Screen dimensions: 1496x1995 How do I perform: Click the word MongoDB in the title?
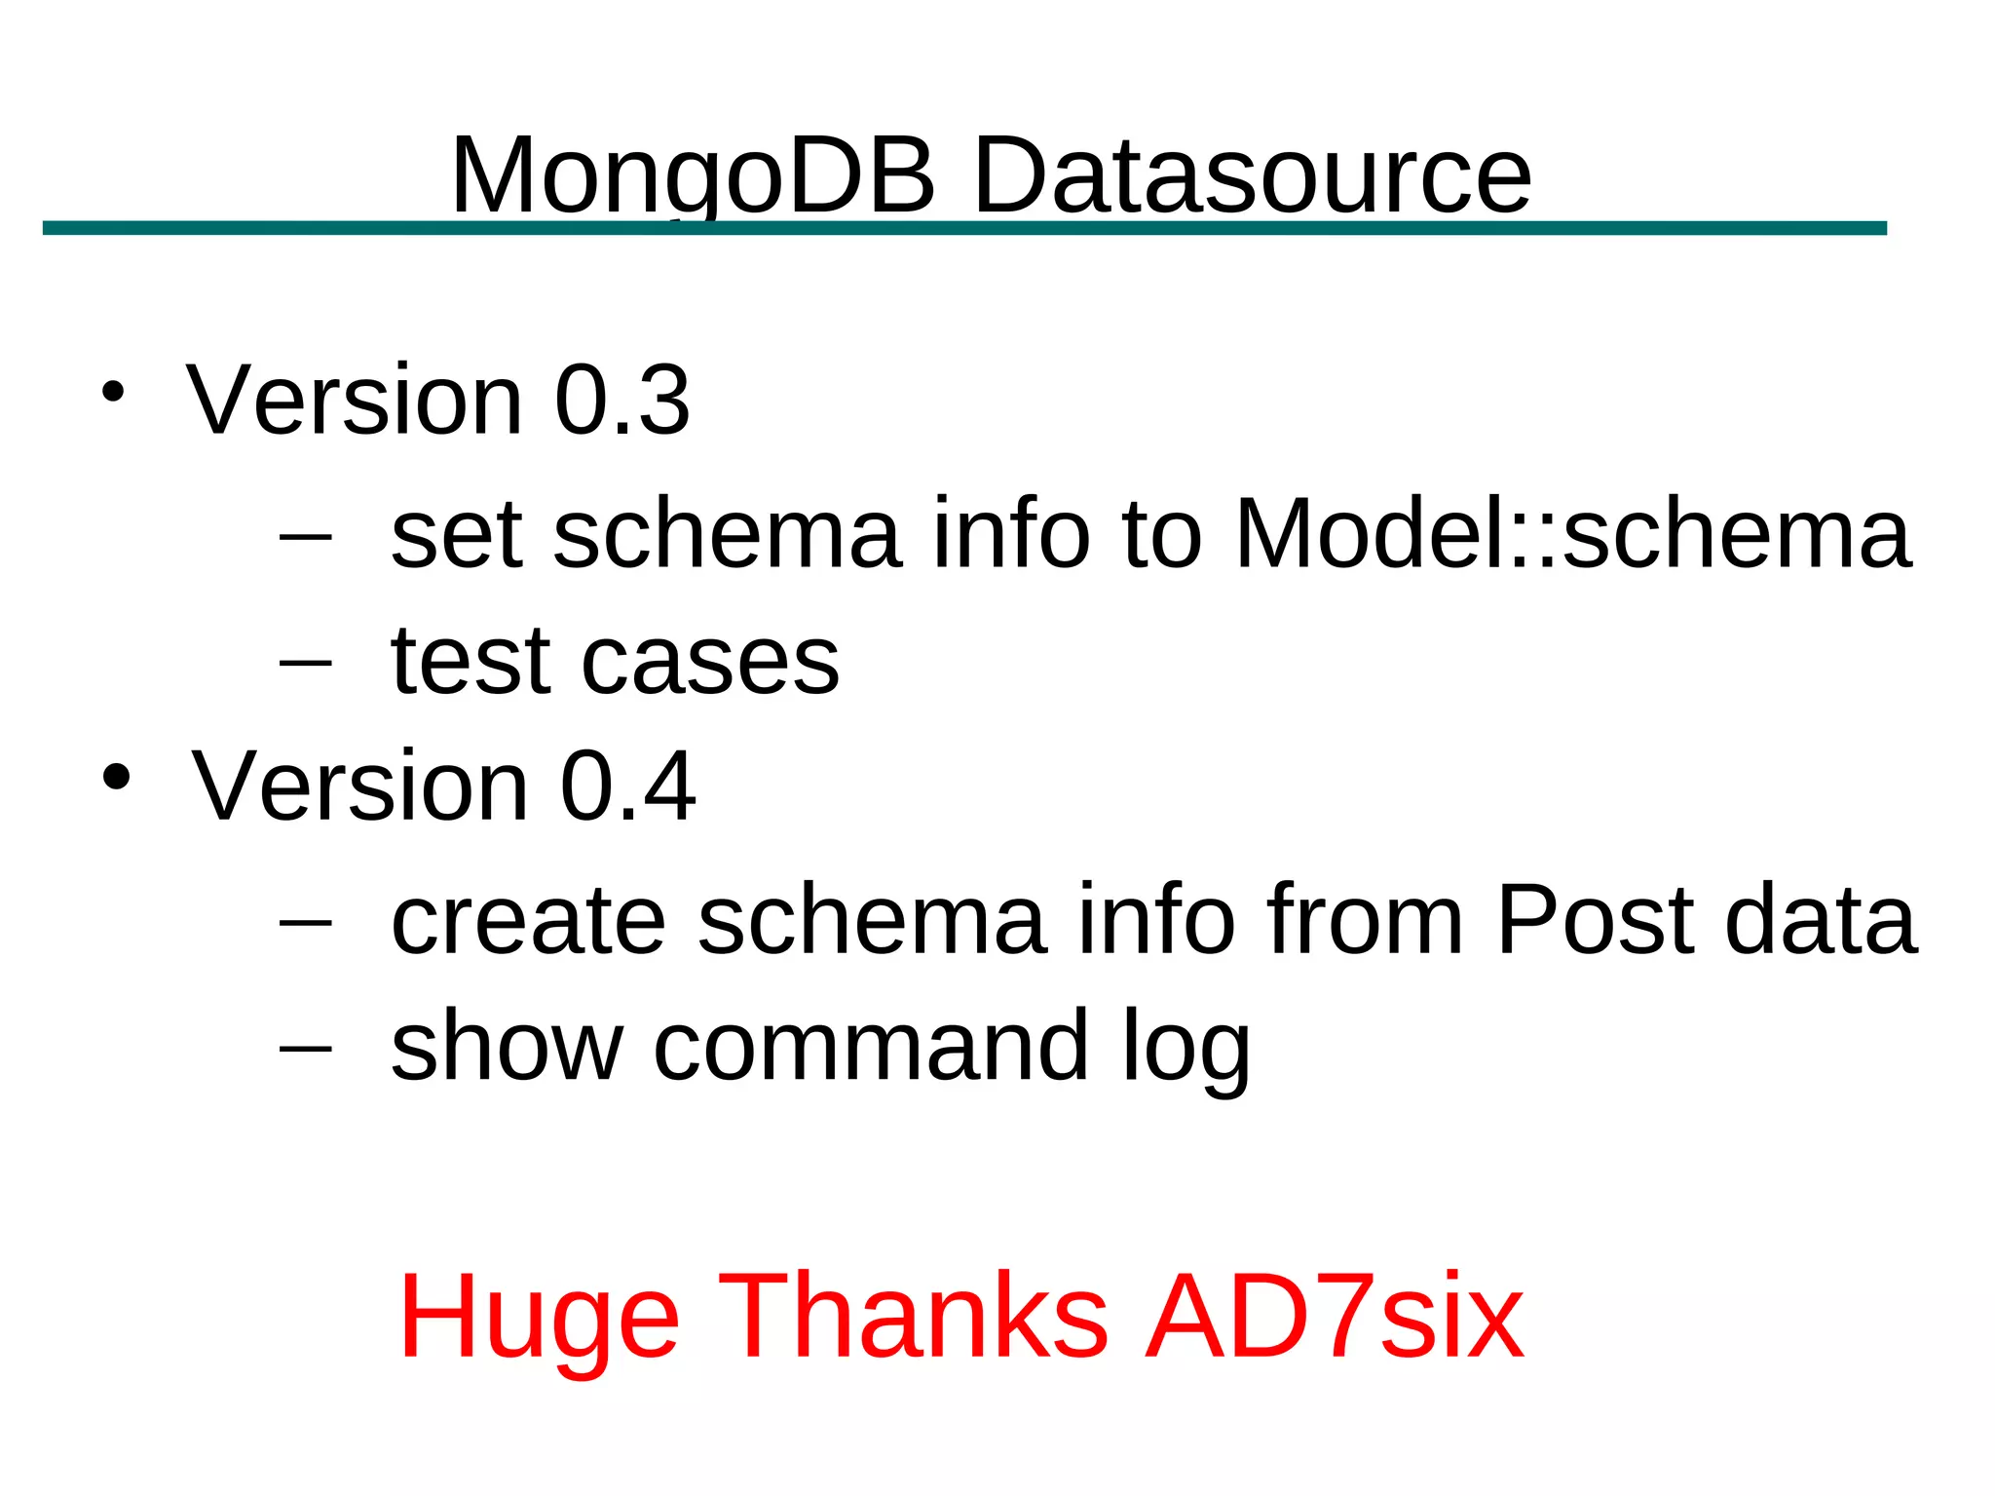(x=693, y=175)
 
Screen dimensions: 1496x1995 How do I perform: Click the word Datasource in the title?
(x=1252, y=175)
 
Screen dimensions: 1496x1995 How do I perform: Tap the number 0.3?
(x=621, y=401)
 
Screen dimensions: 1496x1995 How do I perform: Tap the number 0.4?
(x=627, y=786)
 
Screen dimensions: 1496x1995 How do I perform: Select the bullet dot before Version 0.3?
(x=113, y=392)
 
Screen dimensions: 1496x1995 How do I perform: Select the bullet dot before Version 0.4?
(x=116, y=777)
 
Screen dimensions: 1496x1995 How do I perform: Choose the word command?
(x=871, y=1047)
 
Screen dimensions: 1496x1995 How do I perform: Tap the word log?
(x=1186, y=1049)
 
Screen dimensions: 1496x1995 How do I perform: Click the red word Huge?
(x=539, y=1318)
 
